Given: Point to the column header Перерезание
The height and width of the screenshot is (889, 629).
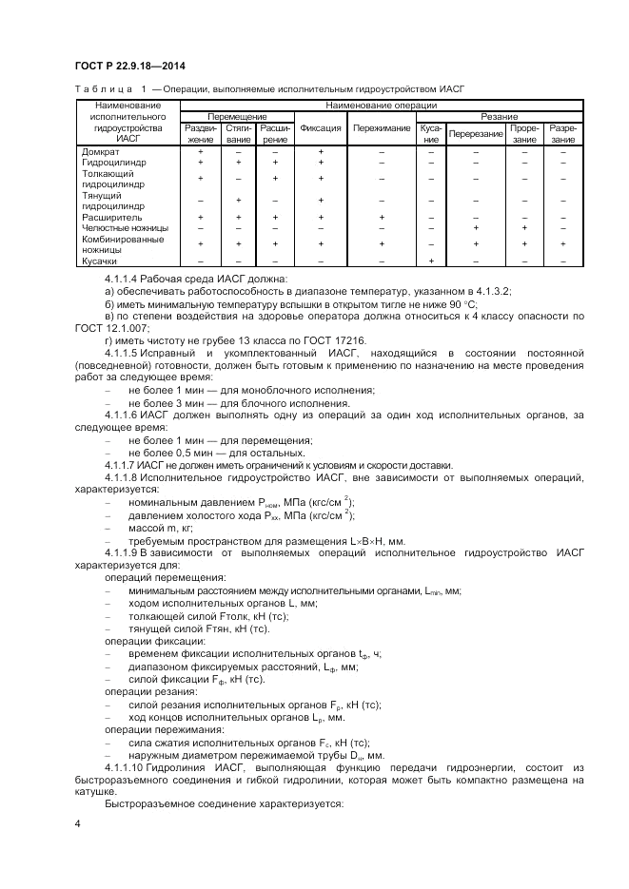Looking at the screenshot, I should [476, 133].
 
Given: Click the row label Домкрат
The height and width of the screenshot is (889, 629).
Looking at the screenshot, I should [100, 151].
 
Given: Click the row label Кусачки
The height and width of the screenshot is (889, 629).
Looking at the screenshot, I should [99, 261].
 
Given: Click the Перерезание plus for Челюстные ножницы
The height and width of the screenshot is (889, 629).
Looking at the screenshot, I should [476, 228].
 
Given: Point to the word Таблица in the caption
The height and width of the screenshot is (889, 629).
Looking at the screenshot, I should [101, 87].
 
